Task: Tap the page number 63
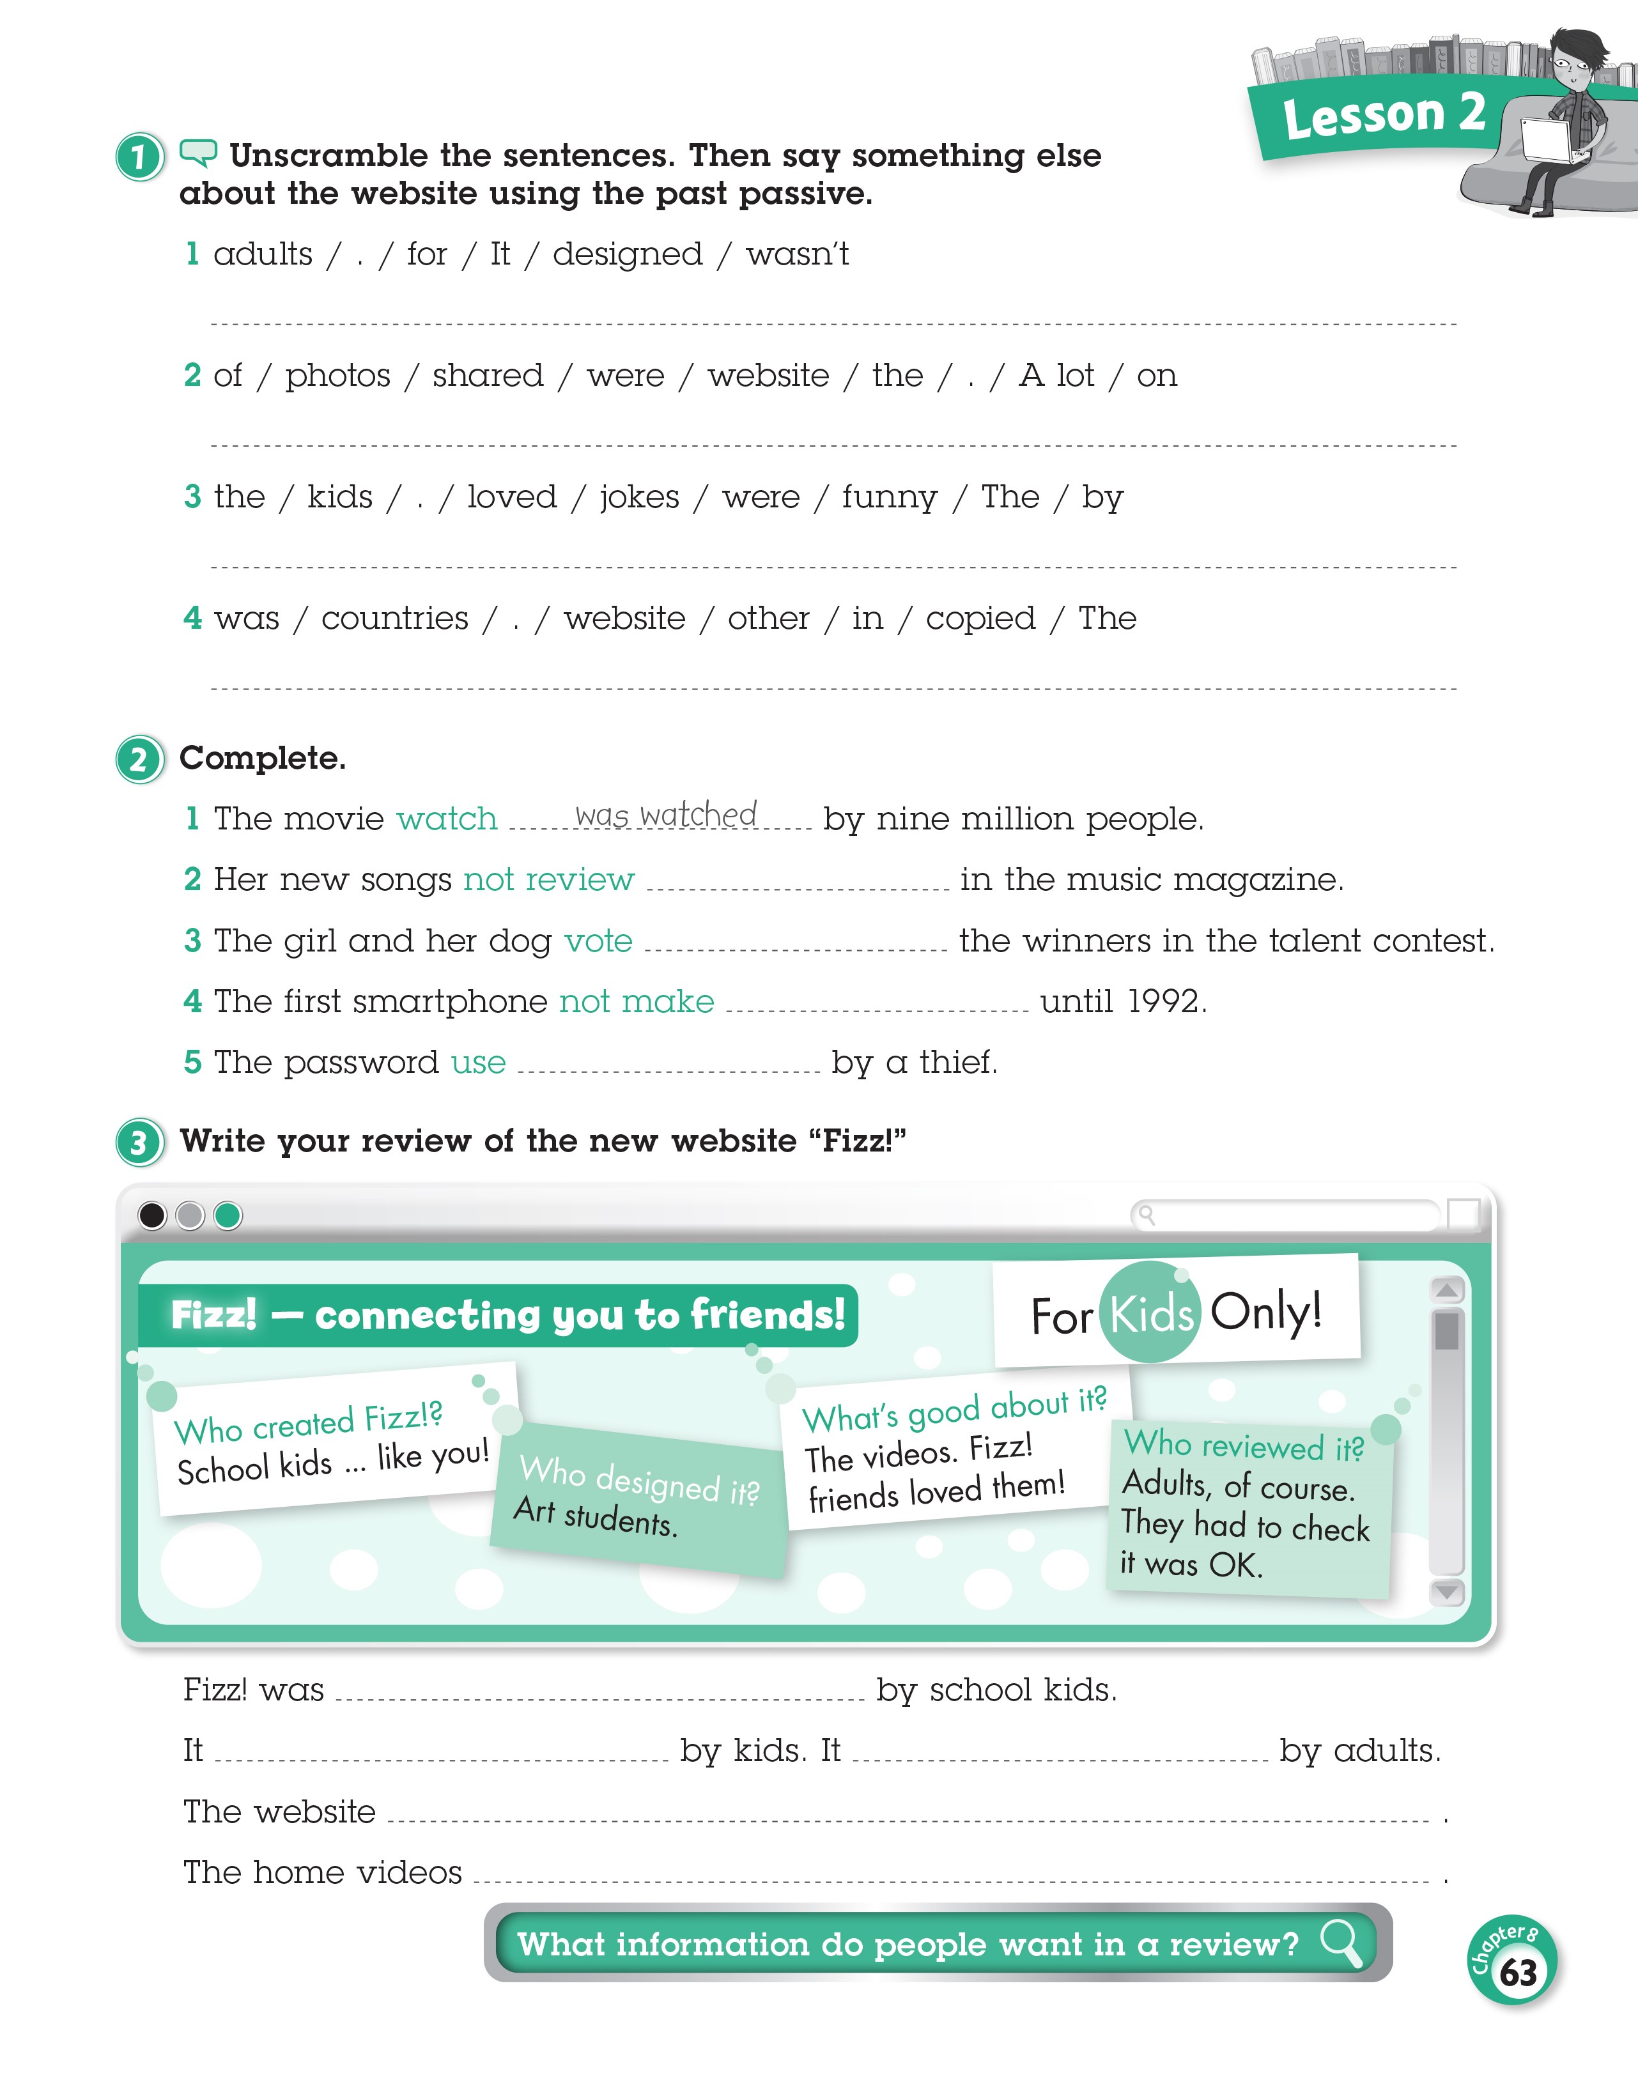[x=1517, y=1973]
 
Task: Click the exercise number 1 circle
[x=140, y=157]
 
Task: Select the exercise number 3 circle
[x=140, y=1143]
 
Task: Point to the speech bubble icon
[x=199, y=151]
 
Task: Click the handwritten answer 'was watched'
[x=665, y=815]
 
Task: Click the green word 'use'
[x=479, y=1063]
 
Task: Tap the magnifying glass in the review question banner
[x=1341, y=1943]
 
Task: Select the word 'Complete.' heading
[x=262, y=758]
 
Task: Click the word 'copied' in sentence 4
[x=980, y=619]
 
